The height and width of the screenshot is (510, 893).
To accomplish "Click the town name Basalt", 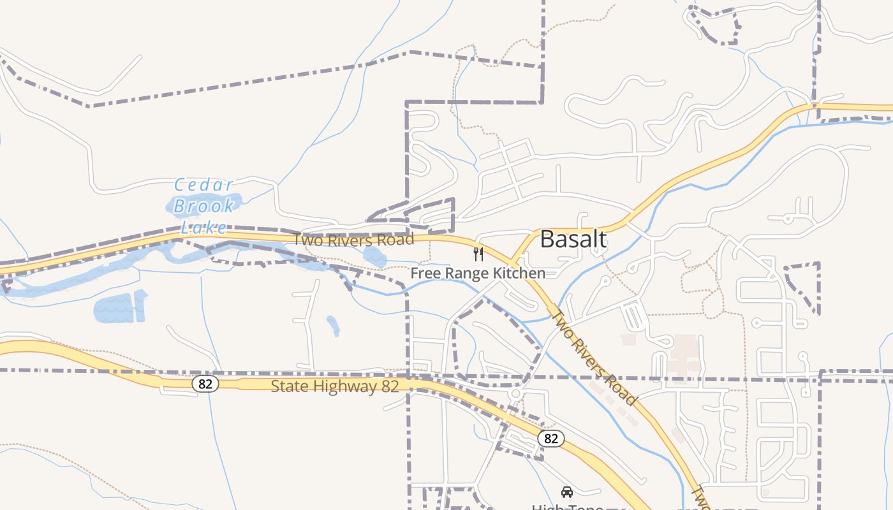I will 573,239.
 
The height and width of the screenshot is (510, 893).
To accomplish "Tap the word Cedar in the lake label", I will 204,186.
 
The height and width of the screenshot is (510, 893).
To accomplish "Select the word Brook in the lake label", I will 204,206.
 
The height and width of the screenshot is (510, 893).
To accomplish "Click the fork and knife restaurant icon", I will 478,254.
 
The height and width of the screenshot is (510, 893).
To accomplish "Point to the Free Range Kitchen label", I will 478,273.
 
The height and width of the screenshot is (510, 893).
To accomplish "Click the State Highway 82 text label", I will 335,386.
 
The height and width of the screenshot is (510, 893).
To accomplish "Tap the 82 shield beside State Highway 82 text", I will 205,384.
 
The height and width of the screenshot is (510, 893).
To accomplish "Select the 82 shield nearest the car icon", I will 551,439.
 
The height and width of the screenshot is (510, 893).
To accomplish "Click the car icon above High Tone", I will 566,492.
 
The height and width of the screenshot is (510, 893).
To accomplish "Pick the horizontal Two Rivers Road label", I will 353,240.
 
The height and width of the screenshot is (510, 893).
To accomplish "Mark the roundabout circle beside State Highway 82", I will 515,394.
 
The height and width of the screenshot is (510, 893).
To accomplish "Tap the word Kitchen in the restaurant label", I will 519,273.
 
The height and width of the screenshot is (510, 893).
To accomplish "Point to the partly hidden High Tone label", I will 567,507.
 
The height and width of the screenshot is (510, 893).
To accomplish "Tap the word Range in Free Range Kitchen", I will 467,273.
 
